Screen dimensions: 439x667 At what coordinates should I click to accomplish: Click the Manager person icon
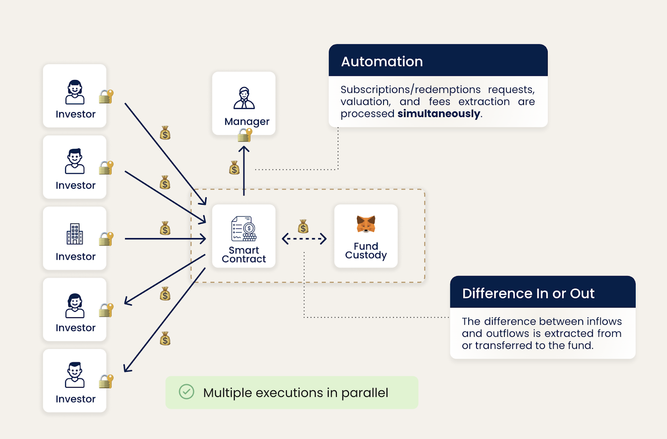pyautogui.click(x=244, y=98)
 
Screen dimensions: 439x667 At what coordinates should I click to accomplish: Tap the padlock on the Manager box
pyautogui.click(x=245, y=135)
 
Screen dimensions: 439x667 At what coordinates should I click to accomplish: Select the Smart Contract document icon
pyautogui.click(x=244, y=228)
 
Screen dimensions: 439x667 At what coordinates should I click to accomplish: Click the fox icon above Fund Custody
pyautogui.click(x=366, y=224)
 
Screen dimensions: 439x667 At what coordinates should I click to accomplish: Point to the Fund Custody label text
pyautogui.click(x=366, y=251)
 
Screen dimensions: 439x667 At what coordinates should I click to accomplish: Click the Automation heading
pyautogui.click(x=382, y=62)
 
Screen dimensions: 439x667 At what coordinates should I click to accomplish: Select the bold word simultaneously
pyautogui.click(x=439, y=114)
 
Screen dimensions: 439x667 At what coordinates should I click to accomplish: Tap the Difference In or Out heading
pyautogui.click(x=528, y=294)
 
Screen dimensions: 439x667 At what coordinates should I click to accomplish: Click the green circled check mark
pyautogui.click(x=186, y=392)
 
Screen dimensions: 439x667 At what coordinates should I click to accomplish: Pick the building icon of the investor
pyautogui.click(x=75, y=234)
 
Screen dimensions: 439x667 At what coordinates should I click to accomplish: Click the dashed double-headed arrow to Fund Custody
pyautogui.click(x=304, y=239)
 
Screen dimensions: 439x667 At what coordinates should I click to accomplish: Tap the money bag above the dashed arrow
pyautogui.click(x=303, y=227)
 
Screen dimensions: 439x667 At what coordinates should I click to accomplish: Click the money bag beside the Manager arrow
pyautogui.click(x=234, y=168)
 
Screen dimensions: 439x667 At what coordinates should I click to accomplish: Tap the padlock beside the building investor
pyautogui.click(x=106, y=239)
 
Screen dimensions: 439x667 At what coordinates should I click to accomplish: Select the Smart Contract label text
pyautogui.click(x=244, y=255)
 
